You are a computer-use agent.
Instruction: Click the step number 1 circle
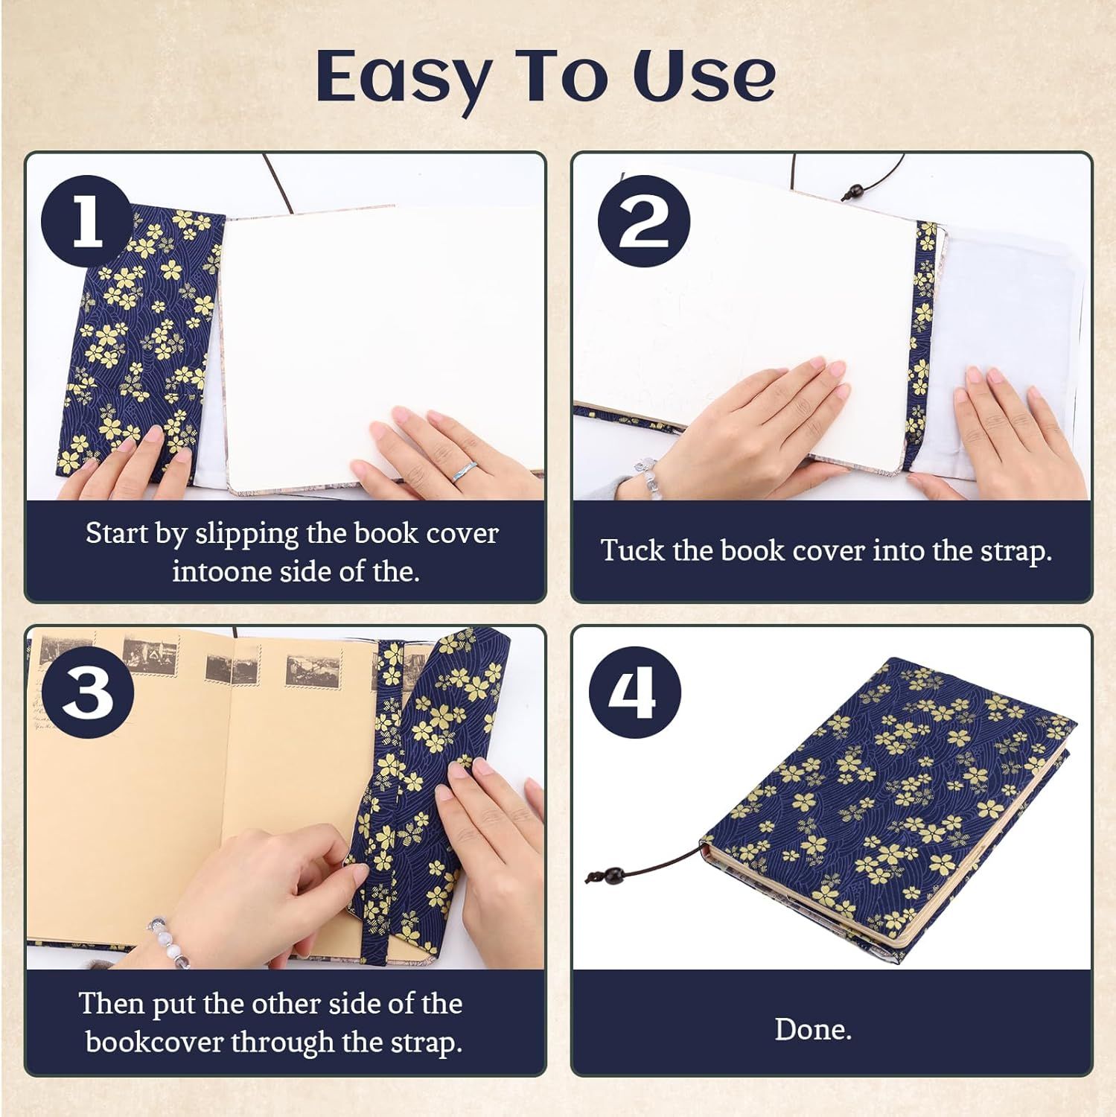(x=87, y=222)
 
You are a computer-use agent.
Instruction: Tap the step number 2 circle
(x=644, y=222)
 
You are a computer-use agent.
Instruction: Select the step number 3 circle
(x=88, y=692)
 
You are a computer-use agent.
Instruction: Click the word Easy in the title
(x=403, y=77)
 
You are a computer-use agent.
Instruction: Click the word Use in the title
(x=704, y=77)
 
